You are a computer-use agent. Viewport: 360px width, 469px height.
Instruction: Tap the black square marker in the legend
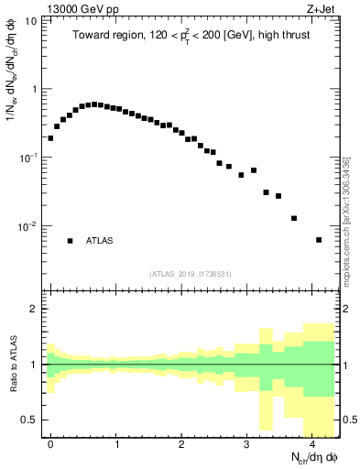[x=70, y=241]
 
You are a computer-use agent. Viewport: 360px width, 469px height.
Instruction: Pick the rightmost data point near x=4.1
[x=319, y=240]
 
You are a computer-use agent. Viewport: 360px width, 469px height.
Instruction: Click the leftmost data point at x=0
[x=50, y=138]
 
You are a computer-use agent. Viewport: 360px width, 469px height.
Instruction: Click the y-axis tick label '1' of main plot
[x=35, y=89]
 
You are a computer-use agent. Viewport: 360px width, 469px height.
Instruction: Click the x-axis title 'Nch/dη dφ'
[x=311, y=458]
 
